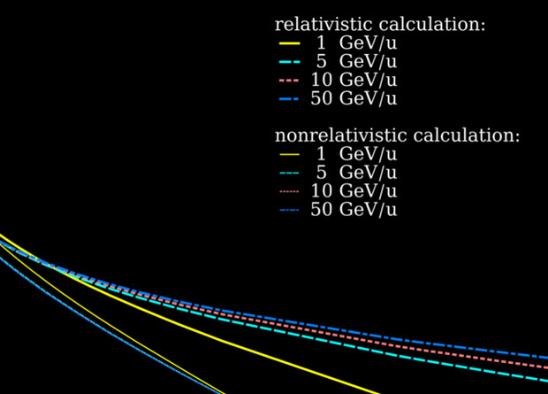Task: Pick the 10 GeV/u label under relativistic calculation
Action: [354, 80]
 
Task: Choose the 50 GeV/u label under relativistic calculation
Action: [354, 98]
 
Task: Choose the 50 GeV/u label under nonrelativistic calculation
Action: [354, 210]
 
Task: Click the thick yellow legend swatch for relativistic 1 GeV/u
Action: [289, 42]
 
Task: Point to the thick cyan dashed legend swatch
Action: [289, 61]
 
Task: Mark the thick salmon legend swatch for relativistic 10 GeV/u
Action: [289, 80]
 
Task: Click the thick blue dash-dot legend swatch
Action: [289, 98]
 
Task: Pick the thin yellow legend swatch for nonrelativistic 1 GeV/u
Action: [289, 154]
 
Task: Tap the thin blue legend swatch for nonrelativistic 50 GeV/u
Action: [289, 210]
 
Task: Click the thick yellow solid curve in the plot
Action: [265, 349]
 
